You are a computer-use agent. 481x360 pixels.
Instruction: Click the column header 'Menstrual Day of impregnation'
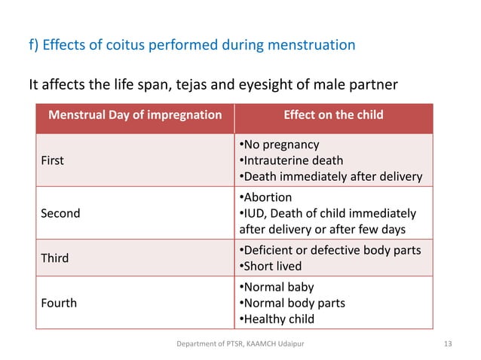tap(135, 115)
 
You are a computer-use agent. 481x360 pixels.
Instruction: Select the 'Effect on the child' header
tap(333, 115)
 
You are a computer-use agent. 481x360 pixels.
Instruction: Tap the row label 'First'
tap(52, 160)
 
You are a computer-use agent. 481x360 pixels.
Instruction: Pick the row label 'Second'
tap(60, 213)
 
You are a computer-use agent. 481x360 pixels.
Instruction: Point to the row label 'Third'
tap(54, 258)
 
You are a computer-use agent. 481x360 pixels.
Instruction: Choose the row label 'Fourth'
tap(57, 303)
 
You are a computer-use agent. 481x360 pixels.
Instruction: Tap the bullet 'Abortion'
tap(267, 197)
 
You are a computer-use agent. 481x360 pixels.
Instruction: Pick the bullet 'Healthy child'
tap(278, 319)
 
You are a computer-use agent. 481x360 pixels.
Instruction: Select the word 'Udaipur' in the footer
tap(294, 344)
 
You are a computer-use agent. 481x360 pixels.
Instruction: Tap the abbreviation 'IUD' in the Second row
tap(253, 213)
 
